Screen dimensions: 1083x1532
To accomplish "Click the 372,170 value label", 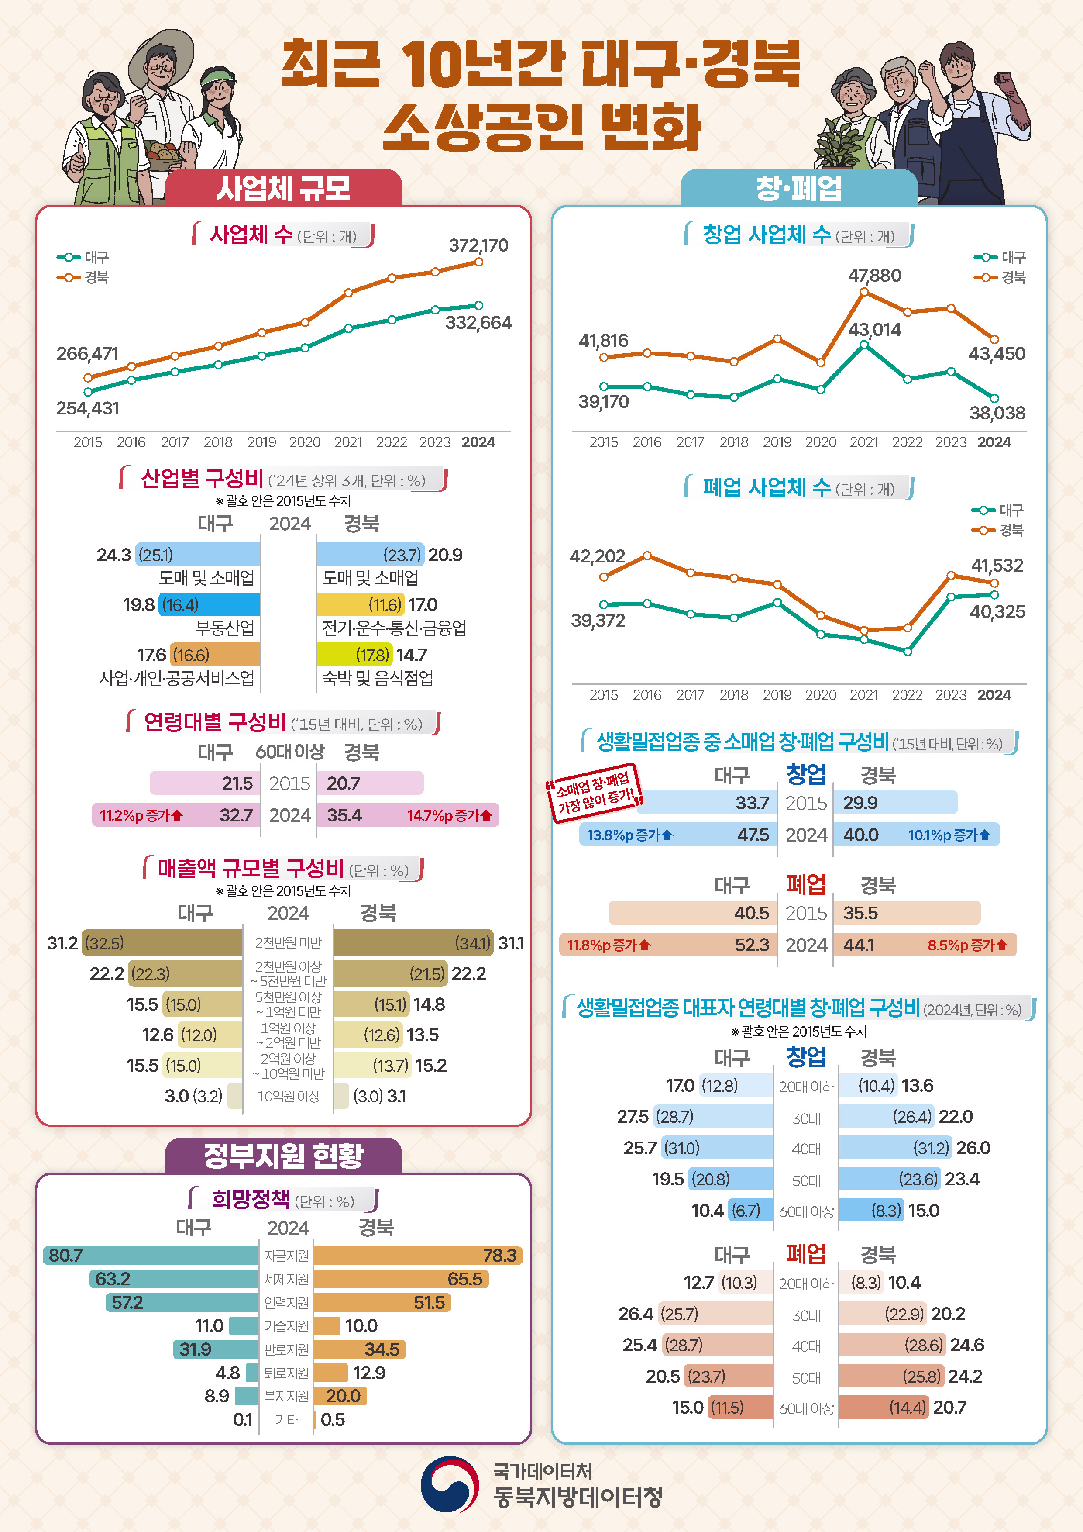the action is coord(478,245).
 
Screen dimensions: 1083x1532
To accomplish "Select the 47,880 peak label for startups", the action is coord(874,276).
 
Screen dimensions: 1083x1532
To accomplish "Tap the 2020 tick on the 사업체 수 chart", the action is coord(305,442).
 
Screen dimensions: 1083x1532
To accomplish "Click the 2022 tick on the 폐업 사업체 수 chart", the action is coord(907,695).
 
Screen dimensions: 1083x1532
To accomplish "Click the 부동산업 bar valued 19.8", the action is coord(210,604).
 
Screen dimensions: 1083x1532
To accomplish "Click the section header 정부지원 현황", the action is coord(283,1156).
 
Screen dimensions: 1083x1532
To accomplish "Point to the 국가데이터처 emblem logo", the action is coord(450,1485).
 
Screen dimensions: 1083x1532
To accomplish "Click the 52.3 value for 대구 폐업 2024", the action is coord(752,945).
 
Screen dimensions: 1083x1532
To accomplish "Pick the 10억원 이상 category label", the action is coord(288,1096).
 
